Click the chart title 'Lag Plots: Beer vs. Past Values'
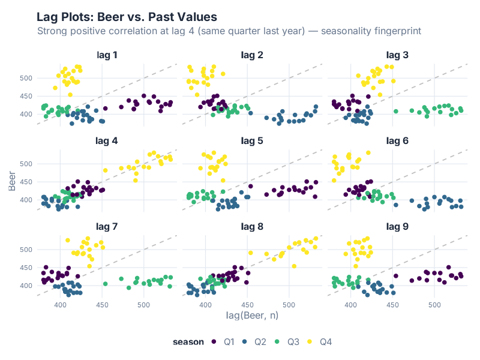coord(127,17)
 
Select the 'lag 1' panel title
coord(107,56)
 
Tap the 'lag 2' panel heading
coord(252,56)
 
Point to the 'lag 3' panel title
coord(397,56)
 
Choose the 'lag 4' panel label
coord(107,142)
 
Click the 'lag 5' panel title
coord(252,142)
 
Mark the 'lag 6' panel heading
coord(397,142)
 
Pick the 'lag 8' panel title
coord(252,227)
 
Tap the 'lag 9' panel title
coord(397,227)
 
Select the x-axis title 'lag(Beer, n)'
coord(252,315)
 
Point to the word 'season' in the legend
coord(188,342)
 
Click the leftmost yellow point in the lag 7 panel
coord(68,240)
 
